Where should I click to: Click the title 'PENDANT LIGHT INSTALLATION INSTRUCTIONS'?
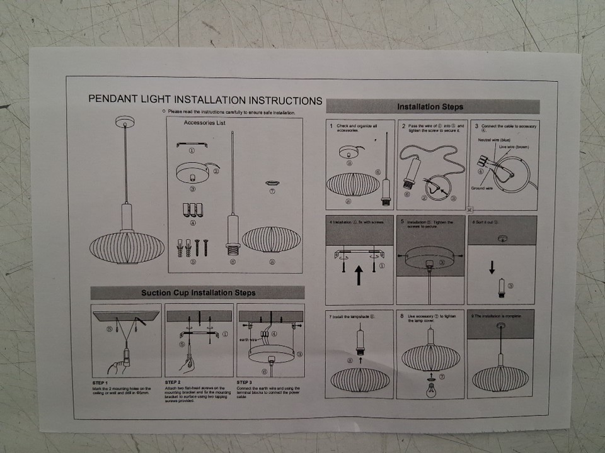click(205, 100)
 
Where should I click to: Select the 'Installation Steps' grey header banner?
click(433, 106)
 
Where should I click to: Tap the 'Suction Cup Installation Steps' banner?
click(197, 293)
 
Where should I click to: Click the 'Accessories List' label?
click(205, 123)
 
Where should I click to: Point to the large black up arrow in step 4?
click(359, 275)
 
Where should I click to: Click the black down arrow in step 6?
click(492, 267)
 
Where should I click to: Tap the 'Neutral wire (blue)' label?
click(494, 140)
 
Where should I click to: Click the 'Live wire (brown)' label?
click(514, 147)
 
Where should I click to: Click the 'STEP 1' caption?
click(101, 383)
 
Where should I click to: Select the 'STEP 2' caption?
click(173, 382)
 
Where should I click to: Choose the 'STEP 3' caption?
click(245, 382)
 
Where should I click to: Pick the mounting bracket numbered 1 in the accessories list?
click(192, 145)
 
